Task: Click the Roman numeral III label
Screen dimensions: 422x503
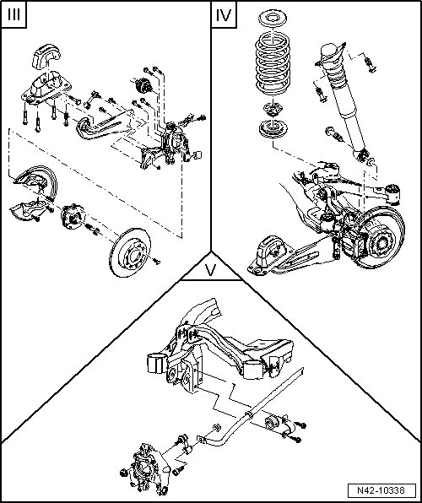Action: (14, 14)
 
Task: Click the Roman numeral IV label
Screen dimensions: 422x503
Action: (224, 14)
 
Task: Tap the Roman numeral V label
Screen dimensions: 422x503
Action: (210, 270)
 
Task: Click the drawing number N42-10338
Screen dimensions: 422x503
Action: (381, 490)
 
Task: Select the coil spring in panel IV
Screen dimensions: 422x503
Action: (273, 63)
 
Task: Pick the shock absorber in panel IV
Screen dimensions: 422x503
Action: (343, 100)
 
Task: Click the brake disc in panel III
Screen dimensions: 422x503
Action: (130, 252)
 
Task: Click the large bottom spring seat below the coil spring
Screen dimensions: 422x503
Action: (273, 128)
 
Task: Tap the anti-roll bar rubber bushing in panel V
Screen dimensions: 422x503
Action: (271, 423)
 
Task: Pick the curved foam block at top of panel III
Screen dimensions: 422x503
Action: (46, 57)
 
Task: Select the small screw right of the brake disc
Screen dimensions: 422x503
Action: (156, 262)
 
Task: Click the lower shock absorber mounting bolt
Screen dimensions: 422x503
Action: (334, 134)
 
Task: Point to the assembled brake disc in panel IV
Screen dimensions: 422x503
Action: (381, 238)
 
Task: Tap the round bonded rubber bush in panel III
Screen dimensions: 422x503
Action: (143, 85)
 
